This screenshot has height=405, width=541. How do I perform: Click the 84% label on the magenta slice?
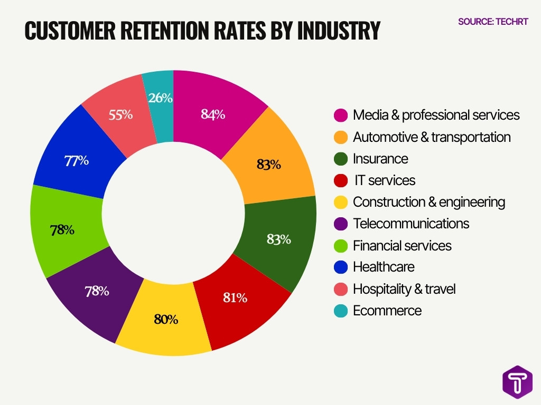coord(213,114)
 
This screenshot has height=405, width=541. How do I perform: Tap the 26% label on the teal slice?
coord(160,98)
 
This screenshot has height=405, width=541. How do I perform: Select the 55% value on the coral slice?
coord(120,114)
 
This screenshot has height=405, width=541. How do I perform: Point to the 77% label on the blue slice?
coord(76,161)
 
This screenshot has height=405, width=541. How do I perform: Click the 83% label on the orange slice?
coord(268,165)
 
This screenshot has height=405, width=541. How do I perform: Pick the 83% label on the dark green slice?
coord(278,239)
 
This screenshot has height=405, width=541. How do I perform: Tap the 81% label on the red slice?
coord(235,297)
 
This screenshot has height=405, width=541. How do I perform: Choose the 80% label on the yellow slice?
coord(166,319)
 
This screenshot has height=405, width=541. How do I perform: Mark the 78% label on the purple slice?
coord(97,291)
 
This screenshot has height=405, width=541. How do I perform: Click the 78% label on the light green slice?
coord(62,230)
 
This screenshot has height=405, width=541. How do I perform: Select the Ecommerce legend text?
coord(387,311)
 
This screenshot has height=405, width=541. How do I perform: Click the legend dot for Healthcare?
coord(341,267)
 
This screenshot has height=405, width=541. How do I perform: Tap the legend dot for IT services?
coord(341,181)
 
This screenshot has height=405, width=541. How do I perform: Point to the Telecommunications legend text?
coord(411,224)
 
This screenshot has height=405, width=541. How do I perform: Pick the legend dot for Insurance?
coord(341,159)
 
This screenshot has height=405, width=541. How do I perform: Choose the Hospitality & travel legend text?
coord(404,289)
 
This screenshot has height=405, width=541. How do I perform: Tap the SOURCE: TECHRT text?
coord(493,22)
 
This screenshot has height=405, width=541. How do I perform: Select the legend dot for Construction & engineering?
coord(341,202)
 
